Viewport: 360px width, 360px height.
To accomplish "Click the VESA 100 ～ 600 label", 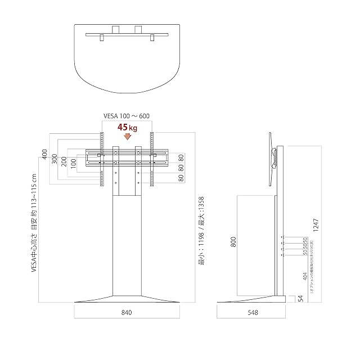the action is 127,116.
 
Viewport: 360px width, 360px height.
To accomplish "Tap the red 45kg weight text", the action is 127,128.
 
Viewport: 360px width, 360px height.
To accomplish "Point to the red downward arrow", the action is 127,136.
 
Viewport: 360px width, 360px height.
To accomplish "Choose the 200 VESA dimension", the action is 64,164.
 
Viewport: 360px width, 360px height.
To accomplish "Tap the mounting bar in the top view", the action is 127,35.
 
